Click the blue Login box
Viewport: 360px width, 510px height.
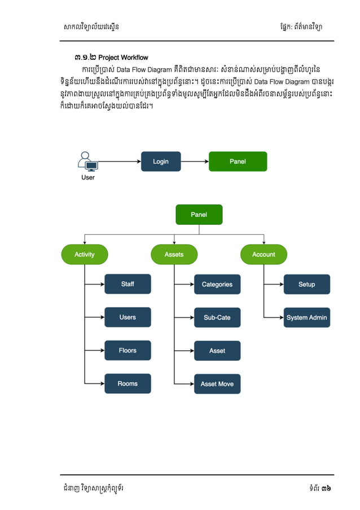(161, 162)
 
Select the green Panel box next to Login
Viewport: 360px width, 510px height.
(238, 162)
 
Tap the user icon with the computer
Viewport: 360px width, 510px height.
(87, 162)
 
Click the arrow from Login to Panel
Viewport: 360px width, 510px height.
(195, 162)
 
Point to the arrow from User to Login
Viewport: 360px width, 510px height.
(118, 162)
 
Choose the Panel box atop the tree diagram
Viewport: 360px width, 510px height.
(199, 215)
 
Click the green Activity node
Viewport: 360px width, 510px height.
(85, 255)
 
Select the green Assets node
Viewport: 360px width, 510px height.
(174, 255)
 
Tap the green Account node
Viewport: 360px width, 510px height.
(264, 255)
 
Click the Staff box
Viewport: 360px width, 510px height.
(128, 284)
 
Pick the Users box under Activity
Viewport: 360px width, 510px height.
(128, 317)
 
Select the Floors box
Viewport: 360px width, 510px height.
(128, 351)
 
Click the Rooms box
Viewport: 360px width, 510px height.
(128, 384)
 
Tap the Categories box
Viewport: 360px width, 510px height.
(217, 285)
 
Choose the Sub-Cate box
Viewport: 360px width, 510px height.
(217, 318)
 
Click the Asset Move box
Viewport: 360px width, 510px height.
(217, 384)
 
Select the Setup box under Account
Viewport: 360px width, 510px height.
(306, 285)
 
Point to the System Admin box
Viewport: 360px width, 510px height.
(306, 318)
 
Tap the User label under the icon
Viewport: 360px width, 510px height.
(88, 177)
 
